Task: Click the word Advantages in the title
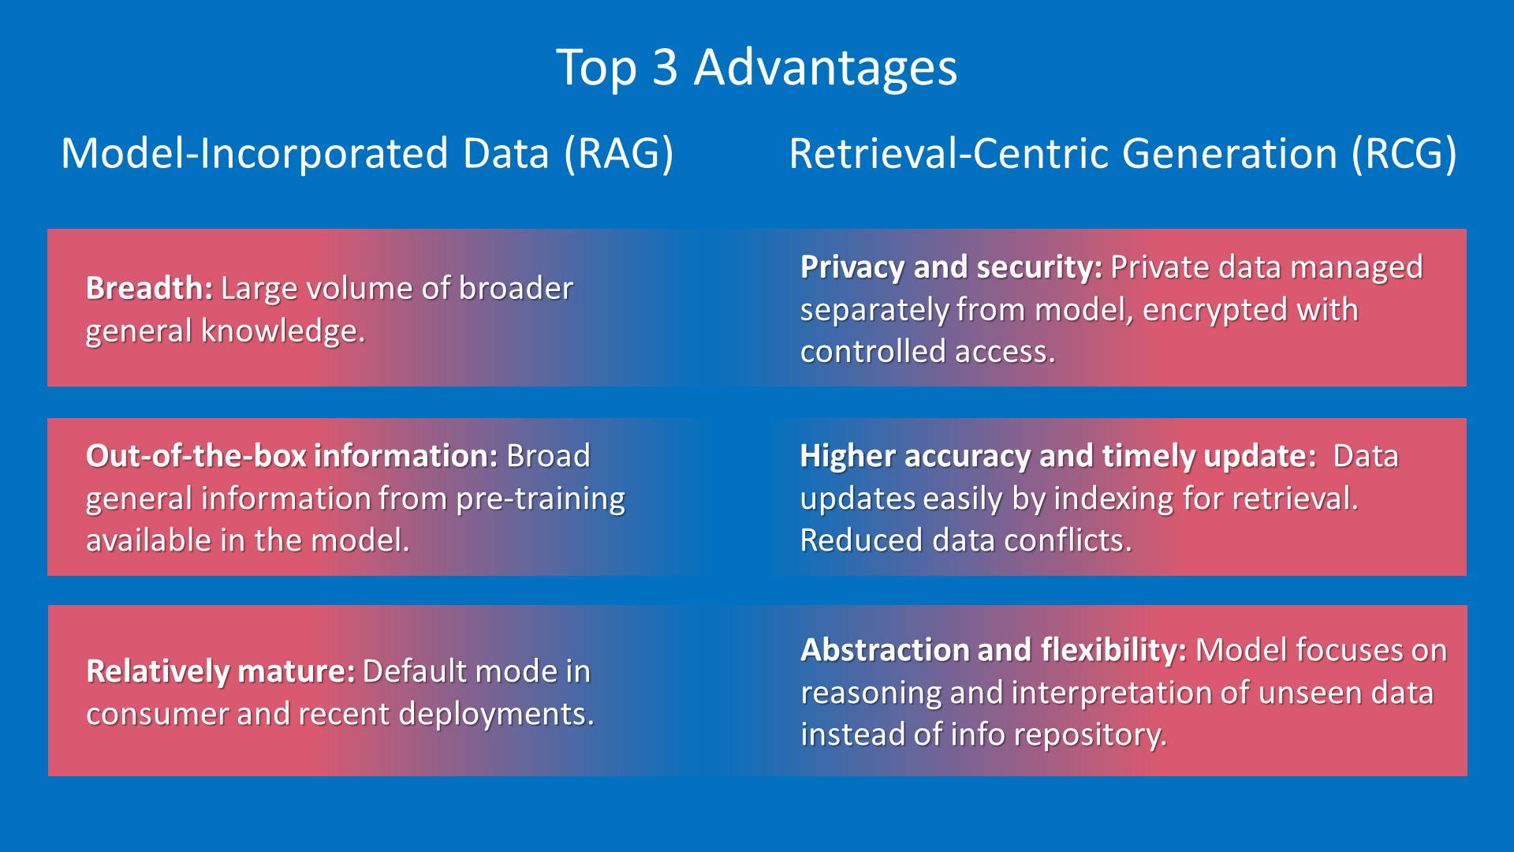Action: pyautogui.click(x=826, y=69)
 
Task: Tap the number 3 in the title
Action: pyautogui.click(x=666, y=67)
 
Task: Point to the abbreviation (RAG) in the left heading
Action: pyautogui.click(x=619, y=153)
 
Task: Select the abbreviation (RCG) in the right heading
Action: pyautogui.click(x=1404, y=153)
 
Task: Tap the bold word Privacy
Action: pyautogui.click(x=852, y=268)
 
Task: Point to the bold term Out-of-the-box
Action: pyautogui.click(x=196, y=456)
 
